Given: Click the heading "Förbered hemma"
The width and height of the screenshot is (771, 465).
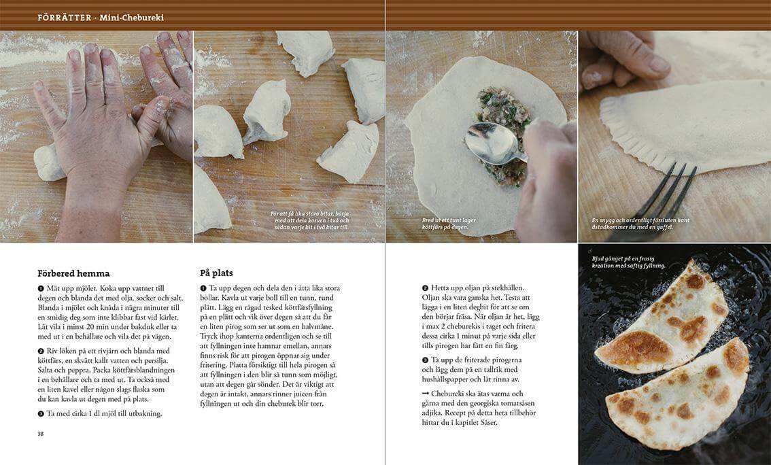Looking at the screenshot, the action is point(73,273).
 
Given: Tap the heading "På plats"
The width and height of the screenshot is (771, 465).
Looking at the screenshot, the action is point(216,273).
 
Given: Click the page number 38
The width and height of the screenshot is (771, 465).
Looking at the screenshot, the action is point(40,434).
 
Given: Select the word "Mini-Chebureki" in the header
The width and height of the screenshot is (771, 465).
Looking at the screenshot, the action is point(132,18).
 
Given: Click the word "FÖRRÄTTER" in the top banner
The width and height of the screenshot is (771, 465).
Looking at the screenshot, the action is point(65,18).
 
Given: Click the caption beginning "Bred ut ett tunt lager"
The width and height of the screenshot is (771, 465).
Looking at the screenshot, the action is point(449,224).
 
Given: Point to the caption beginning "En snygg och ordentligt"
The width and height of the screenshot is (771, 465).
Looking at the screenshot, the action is point(640,224).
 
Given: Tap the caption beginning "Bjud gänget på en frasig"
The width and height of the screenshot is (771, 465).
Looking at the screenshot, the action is point(628,262).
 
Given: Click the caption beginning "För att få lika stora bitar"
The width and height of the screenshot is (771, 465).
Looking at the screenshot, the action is point(310,220).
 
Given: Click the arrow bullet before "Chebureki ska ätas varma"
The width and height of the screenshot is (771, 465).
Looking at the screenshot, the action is point(426,394).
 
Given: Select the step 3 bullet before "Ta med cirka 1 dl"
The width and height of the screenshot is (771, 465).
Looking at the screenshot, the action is point(41,414).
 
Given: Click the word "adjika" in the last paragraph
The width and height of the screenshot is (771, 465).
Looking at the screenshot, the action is point(432,413).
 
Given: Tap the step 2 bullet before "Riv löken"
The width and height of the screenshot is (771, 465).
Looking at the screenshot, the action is point(41,351).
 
